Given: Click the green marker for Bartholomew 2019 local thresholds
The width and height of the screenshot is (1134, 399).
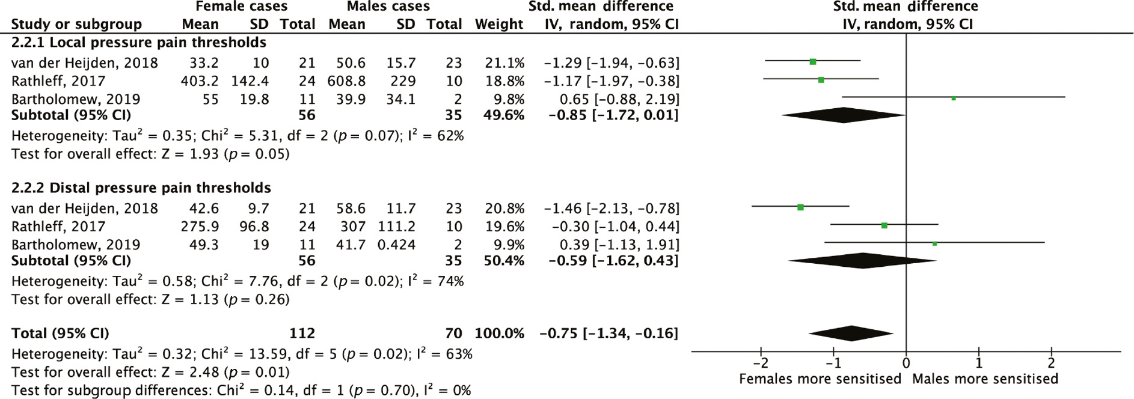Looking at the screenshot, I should [x=954, y=98].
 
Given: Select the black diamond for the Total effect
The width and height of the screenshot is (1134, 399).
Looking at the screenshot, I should [x=851, y=333].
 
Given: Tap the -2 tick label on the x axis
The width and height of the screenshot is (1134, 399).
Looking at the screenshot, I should [x=761, y=363].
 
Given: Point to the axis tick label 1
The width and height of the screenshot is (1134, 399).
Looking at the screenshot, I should [x=979, y=363].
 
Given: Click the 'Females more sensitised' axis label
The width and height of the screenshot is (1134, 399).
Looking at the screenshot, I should [x=820, y=379].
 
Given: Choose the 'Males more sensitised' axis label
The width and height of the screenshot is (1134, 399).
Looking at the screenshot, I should [x=985, y=379].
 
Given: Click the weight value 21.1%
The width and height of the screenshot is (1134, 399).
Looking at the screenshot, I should [x=504, y=62].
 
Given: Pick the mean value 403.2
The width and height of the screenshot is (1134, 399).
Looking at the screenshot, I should [x=200, y=81].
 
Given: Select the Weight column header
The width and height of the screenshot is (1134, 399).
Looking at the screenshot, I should [x=498, y=24].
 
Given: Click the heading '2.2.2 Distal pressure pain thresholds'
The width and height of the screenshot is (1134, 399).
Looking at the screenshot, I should [x=141, y=187].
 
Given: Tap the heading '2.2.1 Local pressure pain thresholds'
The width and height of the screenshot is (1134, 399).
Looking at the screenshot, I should [x=138, y=42].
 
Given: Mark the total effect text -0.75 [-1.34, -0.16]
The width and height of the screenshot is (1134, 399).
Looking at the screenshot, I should [x=608, y=333].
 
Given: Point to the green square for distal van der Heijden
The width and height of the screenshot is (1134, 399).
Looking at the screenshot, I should [x=800, y=207].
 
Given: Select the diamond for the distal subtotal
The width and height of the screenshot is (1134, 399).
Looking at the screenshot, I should [x=863, y=260].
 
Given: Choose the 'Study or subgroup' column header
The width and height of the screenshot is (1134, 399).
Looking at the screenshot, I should [x=76, y=24].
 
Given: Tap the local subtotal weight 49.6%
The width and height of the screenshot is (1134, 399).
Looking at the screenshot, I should [x=504, y=115].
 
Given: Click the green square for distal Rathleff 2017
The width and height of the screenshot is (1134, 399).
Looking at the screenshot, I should [x=884, y=225].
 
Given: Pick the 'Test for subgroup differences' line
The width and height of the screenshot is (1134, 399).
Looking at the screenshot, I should [x=241, y=390].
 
